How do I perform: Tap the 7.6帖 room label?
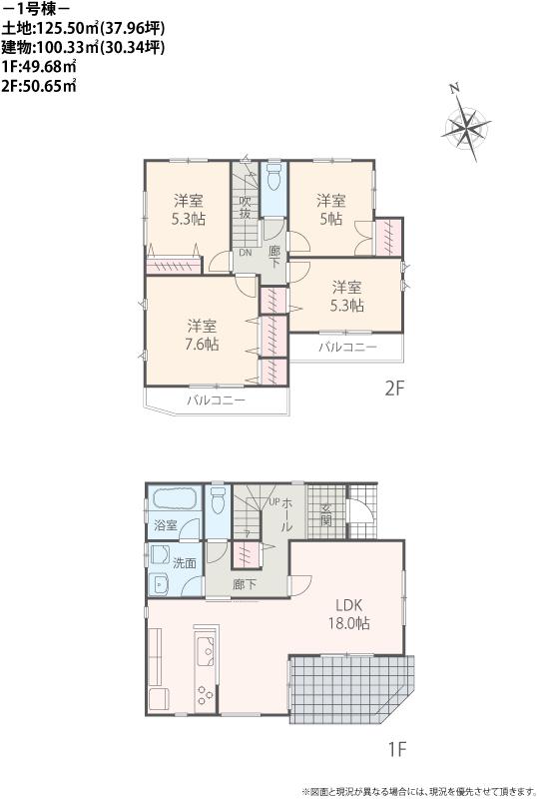(202, 335)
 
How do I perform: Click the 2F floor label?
(394, 389)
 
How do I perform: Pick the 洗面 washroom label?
(185, 562)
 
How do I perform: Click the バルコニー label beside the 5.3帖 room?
(347, 347)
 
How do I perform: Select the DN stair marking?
(245, 253)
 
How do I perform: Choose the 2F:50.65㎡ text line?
(40, 85)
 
